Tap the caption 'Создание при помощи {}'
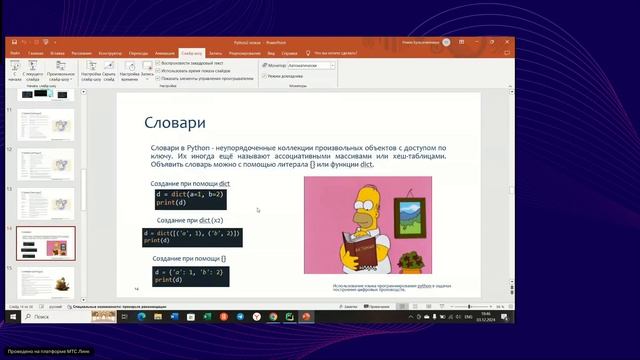coord(188,258)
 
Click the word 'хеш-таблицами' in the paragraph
coord(421,156)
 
